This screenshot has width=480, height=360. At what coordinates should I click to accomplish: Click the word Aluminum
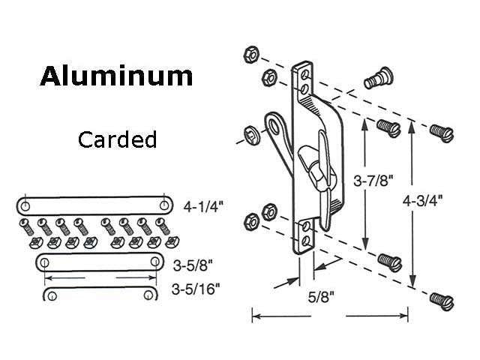click(116, 76)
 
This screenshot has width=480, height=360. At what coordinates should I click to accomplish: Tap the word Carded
click(117, 139)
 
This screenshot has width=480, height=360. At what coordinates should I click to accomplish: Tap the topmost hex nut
click(251, 55)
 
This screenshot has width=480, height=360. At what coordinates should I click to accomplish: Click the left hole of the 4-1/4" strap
click(25, 205)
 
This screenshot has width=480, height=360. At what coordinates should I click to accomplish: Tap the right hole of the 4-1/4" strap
click(163, 205)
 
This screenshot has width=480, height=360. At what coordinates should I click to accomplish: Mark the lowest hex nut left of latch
click(253, 220)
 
